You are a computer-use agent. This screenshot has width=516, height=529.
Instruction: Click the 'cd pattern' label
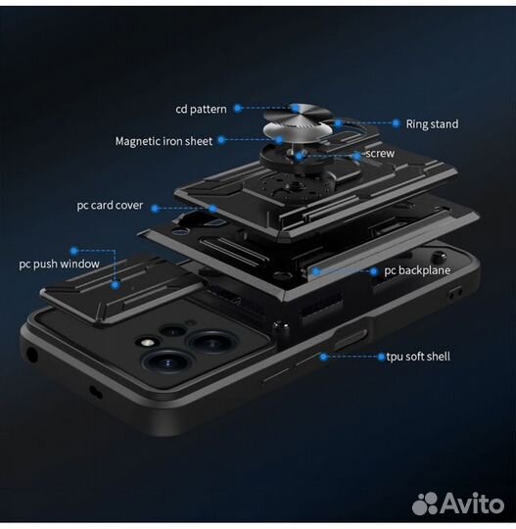pyautogui.click(x=201, y=110)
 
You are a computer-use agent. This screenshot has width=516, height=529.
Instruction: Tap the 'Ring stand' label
pyautogui.click(x=432, y=124)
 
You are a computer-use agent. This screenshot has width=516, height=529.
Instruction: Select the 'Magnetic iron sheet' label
pyautogui.click(x=164, y=141)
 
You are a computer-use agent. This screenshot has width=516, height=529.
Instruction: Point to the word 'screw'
pyautogui.click(x=380, y=154)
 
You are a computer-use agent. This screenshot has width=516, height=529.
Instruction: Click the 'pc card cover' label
pyautogui.click(x=110, y=206)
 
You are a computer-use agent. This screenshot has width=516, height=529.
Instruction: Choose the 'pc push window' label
pyautogui.click(x=59, y=264)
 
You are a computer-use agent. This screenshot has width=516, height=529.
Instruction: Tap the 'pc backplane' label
pyautogui.click(x=417, y=270)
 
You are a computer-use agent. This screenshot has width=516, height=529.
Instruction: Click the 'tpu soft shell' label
pyautogui.click(x=418, y=357)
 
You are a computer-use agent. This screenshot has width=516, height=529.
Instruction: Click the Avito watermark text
pyautogui.click(x=472, y=504)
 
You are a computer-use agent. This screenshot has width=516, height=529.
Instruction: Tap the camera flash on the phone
pyautogui.click(x=147, y=343)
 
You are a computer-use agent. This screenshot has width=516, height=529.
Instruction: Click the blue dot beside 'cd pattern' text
pyautogui.click(x=238, y=109)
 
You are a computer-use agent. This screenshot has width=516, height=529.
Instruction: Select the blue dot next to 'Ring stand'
pyautogui.click(x=397, y=123)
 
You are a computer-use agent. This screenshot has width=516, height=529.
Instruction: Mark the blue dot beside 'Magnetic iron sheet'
pyautogui.click(x=221, y=140)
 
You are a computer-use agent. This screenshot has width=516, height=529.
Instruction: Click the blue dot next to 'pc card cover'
pyautogui.click(x=155, y=209)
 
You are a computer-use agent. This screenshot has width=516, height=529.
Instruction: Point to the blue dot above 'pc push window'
pyautogui.click(x=73, y=251)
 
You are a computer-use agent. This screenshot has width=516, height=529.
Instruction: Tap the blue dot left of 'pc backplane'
pyautogui.click(x=374, y=271)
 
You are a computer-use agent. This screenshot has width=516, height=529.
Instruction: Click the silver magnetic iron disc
pyautogui.click(x=297, y=131)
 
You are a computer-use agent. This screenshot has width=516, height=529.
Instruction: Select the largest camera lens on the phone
pyautogui.click(x=167, y=362)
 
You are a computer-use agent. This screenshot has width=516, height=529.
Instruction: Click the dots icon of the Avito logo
pyautogui.click(x=425, y=504)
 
